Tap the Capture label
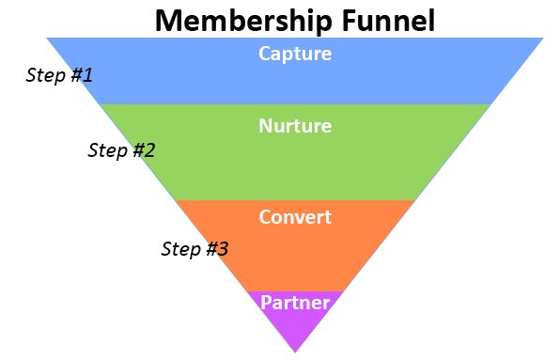coord(295,54)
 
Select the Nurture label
coord(295,126)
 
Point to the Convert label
coord(295,217)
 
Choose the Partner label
coord(295,303)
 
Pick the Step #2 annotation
coord(121,149)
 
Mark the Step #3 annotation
coord(194,249)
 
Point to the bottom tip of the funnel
coord(295,352)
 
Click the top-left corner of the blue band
coord(48,39)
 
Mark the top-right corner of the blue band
coord(542,39)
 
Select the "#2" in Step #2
coord(143,149)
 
